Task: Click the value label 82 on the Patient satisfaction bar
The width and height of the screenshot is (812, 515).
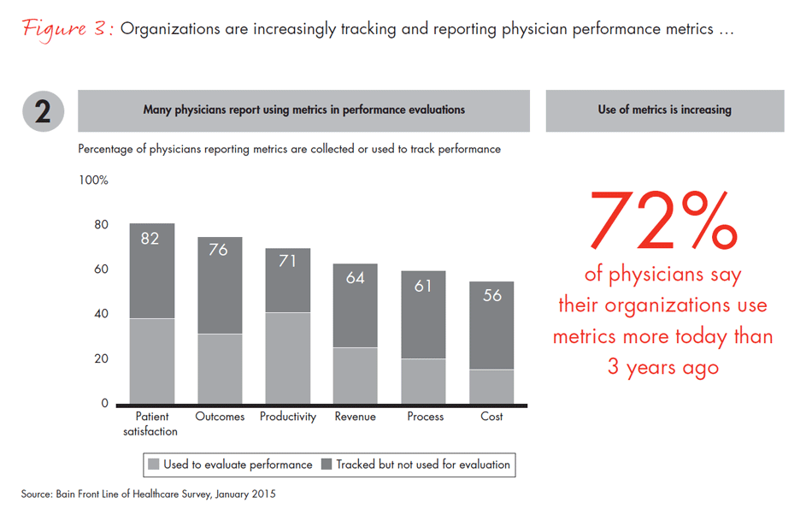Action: [150, 239]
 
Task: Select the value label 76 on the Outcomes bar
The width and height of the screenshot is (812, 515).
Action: [219, 251]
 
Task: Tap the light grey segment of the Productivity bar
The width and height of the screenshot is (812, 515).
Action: [287, 358]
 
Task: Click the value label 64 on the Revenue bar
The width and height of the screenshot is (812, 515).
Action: [356, 278]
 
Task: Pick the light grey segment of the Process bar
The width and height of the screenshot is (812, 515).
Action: [424, 381]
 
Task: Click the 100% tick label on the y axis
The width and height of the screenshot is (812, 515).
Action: [93, 181]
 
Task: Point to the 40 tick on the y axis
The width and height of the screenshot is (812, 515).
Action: [101, 314]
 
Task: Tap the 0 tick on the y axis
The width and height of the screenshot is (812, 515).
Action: [104, 403]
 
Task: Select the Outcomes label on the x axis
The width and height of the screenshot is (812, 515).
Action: [220, 417]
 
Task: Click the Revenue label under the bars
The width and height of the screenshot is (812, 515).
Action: [356, 417]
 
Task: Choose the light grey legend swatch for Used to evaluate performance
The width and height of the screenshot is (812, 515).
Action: [154, 465]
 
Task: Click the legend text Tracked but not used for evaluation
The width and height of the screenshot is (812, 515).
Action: [423, 465]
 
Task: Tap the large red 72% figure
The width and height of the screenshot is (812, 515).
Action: [662, 220]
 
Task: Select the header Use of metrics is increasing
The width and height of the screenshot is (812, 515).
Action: [664, 110]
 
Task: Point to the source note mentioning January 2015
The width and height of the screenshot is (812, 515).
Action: [149, 494]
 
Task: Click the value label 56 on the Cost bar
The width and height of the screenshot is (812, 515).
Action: [492, 296]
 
